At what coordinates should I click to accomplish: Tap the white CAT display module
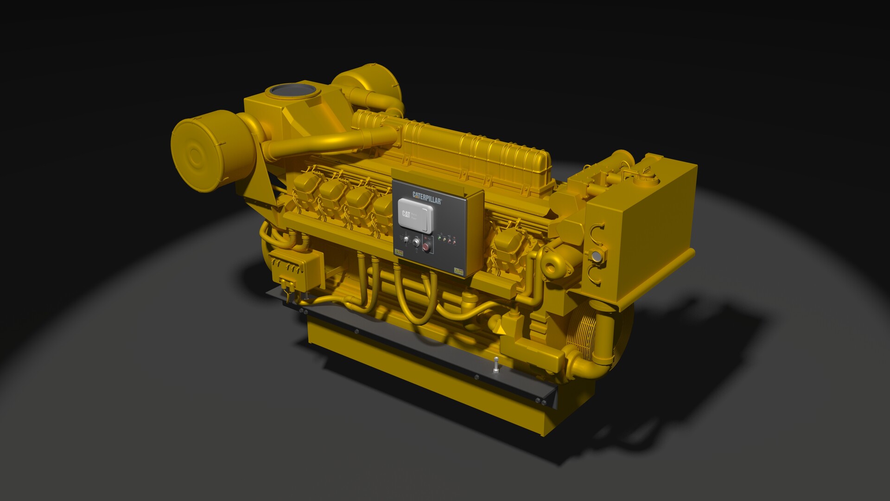point(416,214)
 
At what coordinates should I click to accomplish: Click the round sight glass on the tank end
point(597,256)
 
